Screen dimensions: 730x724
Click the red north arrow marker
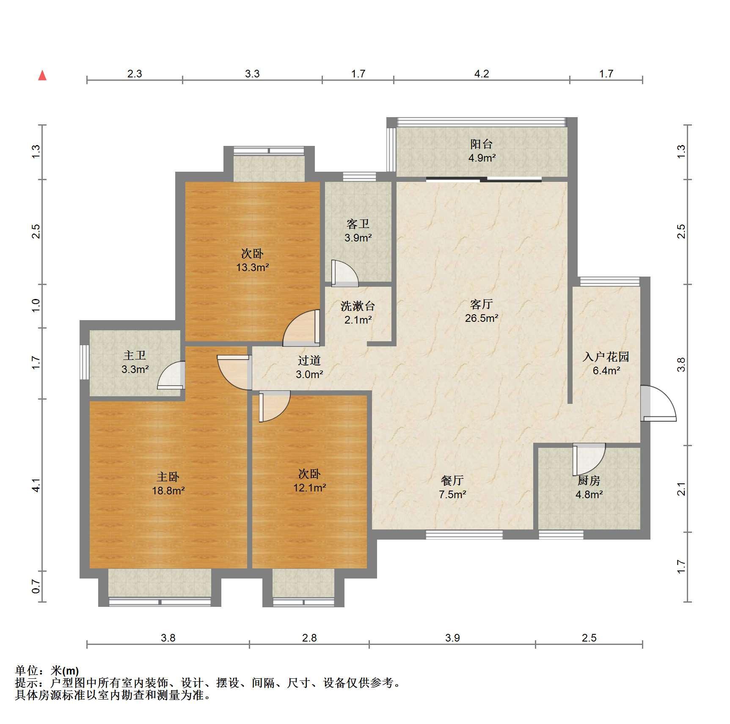coord(42,76)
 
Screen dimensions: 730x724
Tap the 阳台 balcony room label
coord(481,144)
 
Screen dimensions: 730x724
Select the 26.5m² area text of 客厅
coord(482,318)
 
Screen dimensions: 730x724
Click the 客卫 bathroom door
coord(344,273)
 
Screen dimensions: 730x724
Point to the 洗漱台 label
coord(358,306)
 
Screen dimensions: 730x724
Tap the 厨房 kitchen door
coord(589,459)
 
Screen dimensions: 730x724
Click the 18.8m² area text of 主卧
coord(168,491)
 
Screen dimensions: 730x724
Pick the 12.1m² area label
coord(310,488)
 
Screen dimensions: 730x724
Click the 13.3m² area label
coord(253,267)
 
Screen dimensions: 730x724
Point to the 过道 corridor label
coord(309,360)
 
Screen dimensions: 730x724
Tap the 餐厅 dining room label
coord(452,480)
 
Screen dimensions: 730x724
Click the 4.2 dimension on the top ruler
coord(482,74)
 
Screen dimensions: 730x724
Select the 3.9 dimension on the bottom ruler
coord(452,638)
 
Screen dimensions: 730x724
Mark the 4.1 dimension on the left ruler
coord(36,485)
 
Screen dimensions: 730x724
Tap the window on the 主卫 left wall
coord(85,362)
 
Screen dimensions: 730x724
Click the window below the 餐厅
coord(464,535)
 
